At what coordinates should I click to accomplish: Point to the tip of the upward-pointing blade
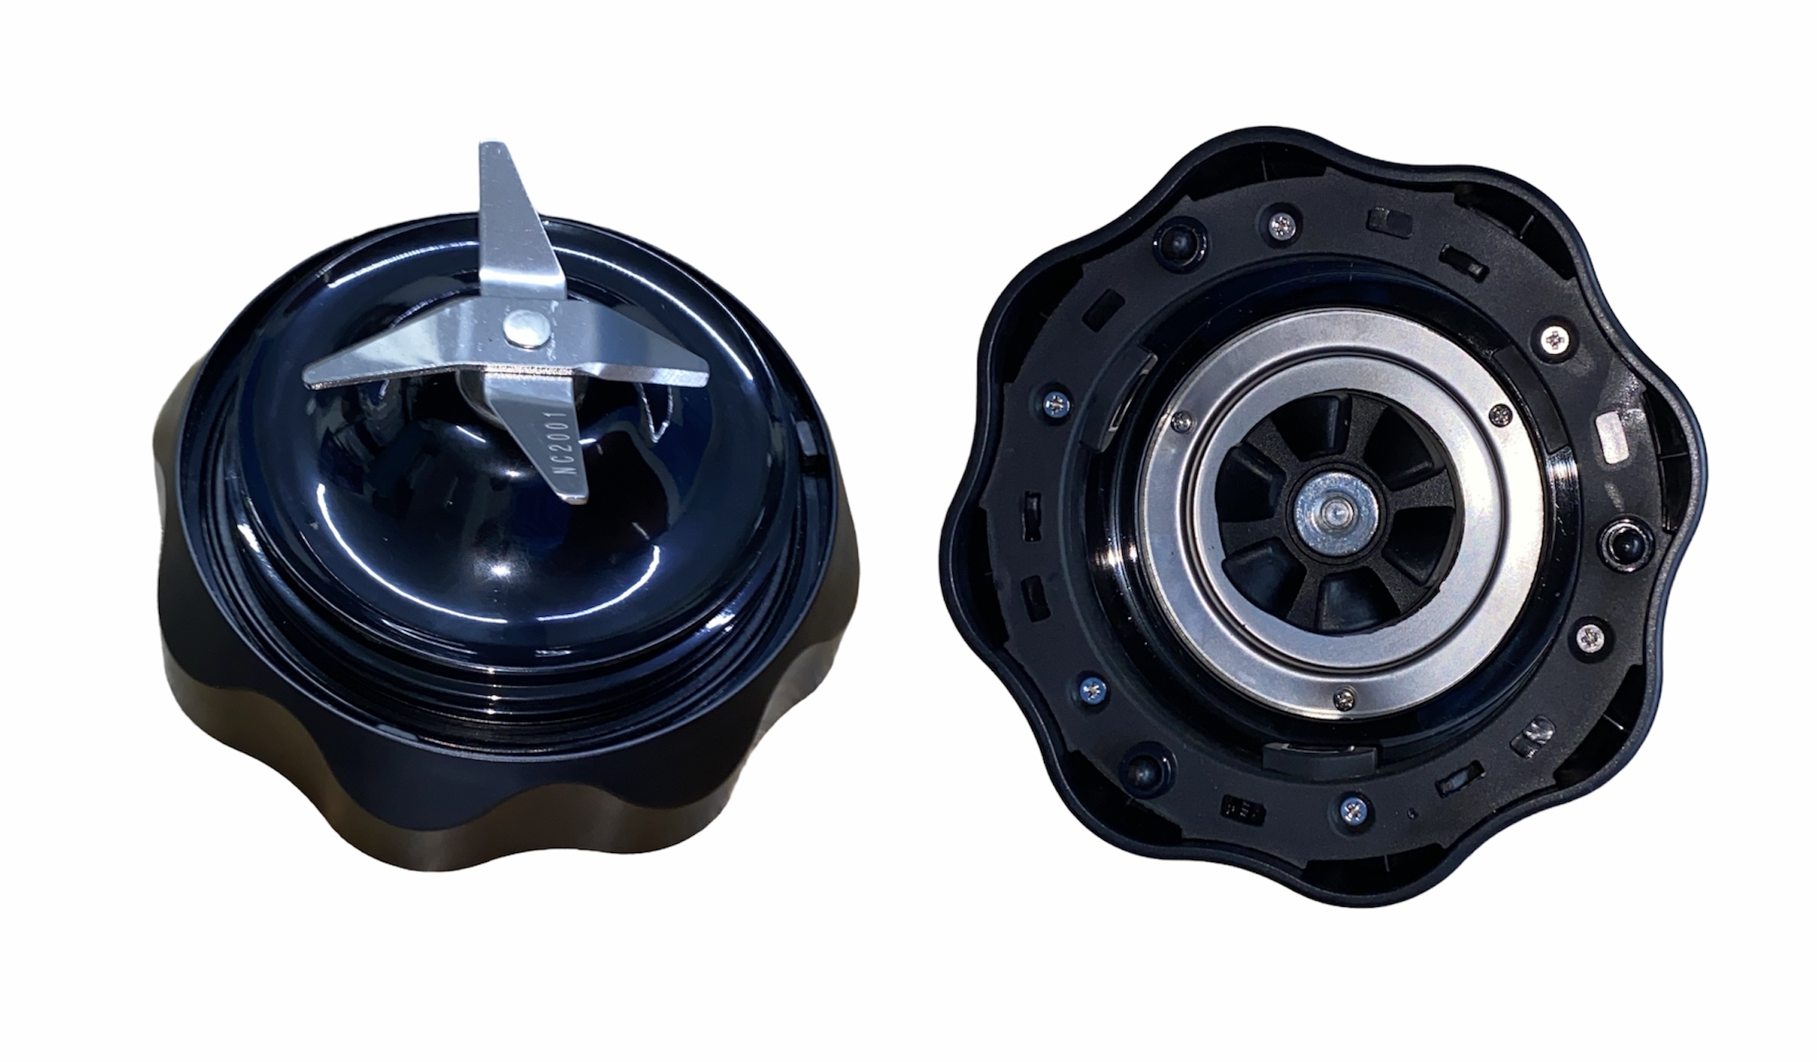497,144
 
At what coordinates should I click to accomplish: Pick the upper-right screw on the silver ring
1499,413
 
